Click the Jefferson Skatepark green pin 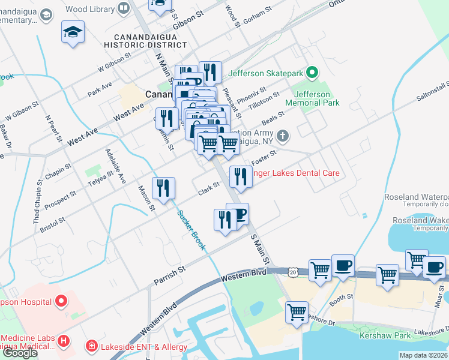(312, 74)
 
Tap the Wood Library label (90, 8)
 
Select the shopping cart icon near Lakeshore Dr (297, 312)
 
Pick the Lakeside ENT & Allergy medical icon (91, 345)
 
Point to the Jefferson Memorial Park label (312, 99)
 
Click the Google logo (19, 353)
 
